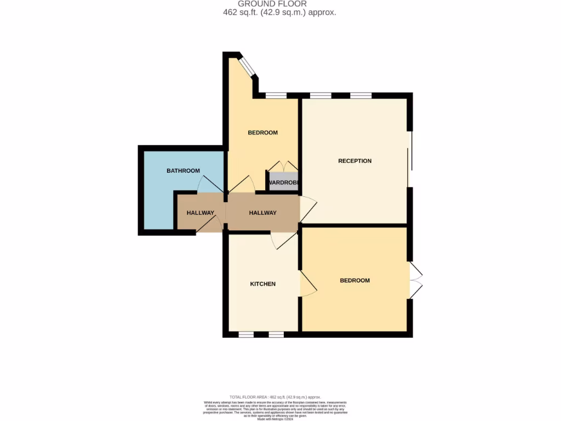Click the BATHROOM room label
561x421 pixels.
tap(183, 170)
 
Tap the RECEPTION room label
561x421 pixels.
tap(354, 161)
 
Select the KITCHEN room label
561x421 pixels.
tap(262, 284)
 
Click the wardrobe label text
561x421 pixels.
tap(283, 183)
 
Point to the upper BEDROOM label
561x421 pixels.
tap(262, 133)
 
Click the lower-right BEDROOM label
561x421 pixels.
tap(354, 280)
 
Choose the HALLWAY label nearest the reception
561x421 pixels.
tap(262, 213)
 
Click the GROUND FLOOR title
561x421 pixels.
tap(280, 4)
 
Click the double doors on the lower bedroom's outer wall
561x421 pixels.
tap(416, 280)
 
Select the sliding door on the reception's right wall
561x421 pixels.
tap(410, 159)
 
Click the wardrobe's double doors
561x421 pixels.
tap(283, 166)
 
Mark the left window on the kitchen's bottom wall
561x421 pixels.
tap(246, 334)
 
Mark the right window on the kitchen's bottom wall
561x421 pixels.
tap(276, 334)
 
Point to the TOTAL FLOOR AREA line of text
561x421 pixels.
tap(275, 397)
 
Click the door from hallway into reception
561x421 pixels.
tap(308, 209)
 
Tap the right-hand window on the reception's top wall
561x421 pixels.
tap(360, 95)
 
